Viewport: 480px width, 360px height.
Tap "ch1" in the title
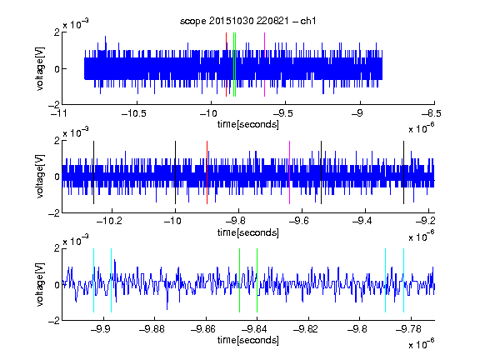[x=308, y=21]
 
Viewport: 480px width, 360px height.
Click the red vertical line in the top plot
[x=226, y=65]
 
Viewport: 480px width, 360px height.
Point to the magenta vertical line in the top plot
[x=264, y=65]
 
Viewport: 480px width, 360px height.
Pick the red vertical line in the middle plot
[x=207, y=172]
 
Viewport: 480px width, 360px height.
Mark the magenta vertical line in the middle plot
[x=290, y=172]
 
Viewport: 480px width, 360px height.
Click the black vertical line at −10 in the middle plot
[x=175, y=172]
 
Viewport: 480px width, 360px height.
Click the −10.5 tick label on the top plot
[x=134, y=113]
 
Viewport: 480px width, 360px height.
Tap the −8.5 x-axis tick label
[x=432, y=113]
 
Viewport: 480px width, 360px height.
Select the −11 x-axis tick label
[x=58, y=113]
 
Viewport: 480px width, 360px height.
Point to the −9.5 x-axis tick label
[x=282, y=113]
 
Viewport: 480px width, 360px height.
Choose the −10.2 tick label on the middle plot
[x=109, y=221]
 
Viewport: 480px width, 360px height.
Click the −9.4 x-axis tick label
[x=362, y=221]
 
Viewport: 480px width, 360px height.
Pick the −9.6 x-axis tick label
[x=299, y=221]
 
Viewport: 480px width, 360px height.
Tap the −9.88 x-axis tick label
[x=152, y=329]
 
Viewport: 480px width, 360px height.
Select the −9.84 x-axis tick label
[x=254, y=329]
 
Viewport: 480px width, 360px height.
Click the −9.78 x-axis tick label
[x=408, y=329]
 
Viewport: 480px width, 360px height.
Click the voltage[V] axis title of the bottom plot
[x=40, y=284]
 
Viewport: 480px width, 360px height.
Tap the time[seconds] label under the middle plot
[x=248, y=233]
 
